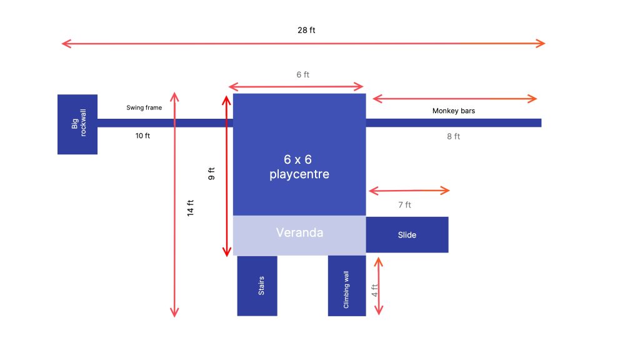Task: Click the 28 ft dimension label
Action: point(306,30)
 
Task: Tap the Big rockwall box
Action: point(77,124)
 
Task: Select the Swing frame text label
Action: point(144,107)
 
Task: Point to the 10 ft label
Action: point(142,136)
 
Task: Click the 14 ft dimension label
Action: point(190,207)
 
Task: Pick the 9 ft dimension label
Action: point(211,174)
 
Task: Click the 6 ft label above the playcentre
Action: point(303,75)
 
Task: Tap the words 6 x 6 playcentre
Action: point(299,166)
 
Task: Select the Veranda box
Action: point(299,236)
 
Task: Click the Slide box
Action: point(407,235)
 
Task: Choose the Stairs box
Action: point(257,286)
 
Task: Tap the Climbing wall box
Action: point(347,286)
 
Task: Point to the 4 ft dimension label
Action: point(374,290)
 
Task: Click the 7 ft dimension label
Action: point(404,205)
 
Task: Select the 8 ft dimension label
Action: point(454,136)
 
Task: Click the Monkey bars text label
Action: point(454,111)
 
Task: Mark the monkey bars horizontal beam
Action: point(454,123)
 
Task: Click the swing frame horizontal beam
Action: point(165,123)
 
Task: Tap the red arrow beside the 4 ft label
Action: point(379,286)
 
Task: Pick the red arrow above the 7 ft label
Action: point(409,190)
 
